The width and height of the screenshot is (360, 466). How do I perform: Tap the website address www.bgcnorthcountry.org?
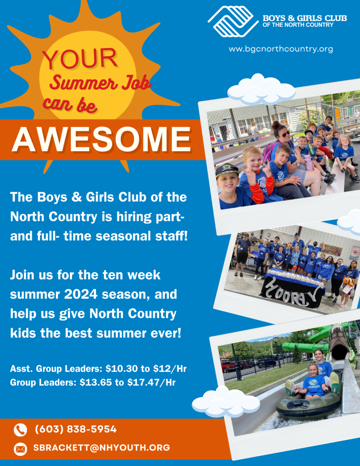coord(281,49)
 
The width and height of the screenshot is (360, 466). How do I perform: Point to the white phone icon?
coord(20,430)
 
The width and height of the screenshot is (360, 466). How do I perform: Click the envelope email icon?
coord(20,449)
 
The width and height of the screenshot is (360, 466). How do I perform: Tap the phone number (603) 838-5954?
coord(76,429)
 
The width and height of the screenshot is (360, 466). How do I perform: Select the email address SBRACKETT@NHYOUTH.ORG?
coord(101,448)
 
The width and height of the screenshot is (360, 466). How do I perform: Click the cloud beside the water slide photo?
coord(225,402)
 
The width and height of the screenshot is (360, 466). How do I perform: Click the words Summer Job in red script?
coord(100,83)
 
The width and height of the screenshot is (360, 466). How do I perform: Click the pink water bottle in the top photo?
coord(308,162)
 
